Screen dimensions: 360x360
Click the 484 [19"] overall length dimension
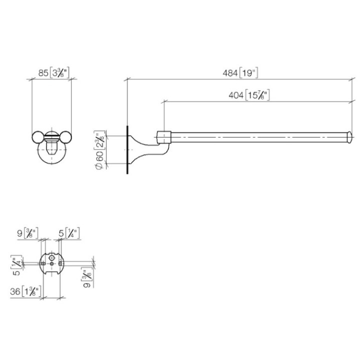click(239, 73)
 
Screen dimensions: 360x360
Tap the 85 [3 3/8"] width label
click(53, 73)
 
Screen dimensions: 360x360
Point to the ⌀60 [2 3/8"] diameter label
click(100, 150)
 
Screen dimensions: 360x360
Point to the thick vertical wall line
click(128, 150)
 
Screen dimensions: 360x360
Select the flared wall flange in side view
click(135, 149)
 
